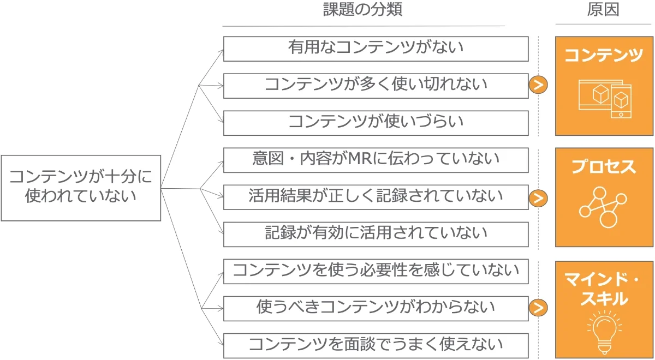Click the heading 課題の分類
[x=363, y=10]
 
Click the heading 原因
[x=603, y=10]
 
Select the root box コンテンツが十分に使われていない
[x=81, y=188]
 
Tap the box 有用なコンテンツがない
[x=376, y=49]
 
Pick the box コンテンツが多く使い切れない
[x=376, y=86]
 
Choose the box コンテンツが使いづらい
[x=376, y=123]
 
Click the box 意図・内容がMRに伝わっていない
[x=376, y=160]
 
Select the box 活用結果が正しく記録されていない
[x=376, y=197]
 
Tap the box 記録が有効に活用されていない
[x=376, y=234]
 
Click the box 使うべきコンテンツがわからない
[x=376, y=308]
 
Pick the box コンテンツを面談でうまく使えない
[x=376, y=345]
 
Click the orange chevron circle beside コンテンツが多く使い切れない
[x=538, y=85]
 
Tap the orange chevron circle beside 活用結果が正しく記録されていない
[x=538, y=198]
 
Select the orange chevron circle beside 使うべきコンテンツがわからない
[x=538, y=308]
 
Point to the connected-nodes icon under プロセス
[x=603, y=207]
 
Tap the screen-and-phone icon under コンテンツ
[x=604, y=99]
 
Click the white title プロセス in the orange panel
[x=604, y=166]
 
